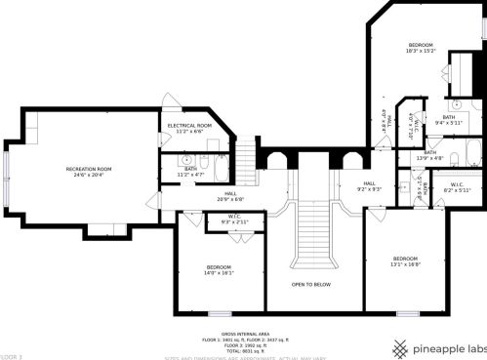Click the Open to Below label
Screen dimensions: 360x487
click(310, 284)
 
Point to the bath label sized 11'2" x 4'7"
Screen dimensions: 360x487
click(190, 170)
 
